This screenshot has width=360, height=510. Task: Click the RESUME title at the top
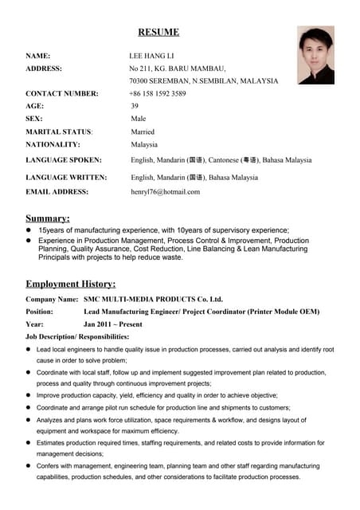point(158,33)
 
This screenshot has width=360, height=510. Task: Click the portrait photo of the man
point(315,54)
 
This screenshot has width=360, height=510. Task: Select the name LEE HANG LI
point(151,56)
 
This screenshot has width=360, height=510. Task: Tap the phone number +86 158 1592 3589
point(158,93)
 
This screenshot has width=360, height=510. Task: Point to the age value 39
point(135,106)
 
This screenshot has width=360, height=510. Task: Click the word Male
point(139,119)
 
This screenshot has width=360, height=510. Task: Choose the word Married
point(143,131)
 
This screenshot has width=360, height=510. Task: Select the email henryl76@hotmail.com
point(165,191)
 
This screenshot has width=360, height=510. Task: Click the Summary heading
point(48,218)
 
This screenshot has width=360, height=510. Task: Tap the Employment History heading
point(71,284)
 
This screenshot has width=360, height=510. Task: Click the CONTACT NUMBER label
point(62,93)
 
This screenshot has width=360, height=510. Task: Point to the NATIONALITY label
point(53,144)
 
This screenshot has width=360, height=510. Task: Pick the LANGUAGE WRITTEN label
point(66,178)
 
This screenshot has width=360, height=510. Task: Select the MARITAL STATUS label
point(59,131)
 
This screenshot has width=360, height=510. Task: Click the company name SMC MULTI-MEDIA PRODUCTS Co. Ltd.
point(153,299)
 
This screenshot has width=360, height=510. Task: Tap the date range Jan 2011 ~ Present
point(113,324)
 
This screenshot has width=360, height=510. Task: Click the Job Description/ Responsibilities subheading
point(77,337)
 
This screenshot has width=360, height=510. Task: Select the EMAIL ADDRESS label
point(57,191)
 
